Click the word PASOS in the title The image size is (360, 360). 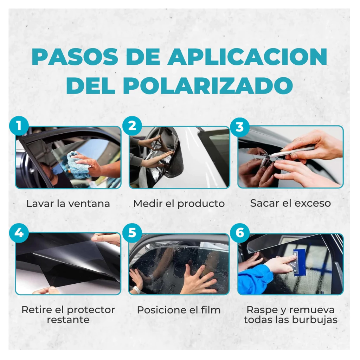pyautogui.click(x=73, y=57)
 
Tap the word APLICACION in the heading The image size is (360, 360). pyautogui.click(x=247, y=57)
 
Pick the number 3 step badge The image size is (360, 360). pyautogui.click(x=240, y=127)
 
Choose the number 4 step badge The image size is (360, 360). pyautogui.click(x=19, y=233)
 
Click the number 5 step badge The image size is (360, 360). pyautogui.click(x=132, y=233)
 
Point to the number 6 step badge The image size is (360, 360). pyautogui.click(x=240, y=233)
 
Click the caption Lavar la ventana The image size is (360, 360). pyautogui.click(x=68, y=204)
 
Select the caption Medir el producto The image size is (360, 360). pyautogui.click(x=179, y=204)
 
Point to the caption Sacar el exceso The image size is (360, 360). pyautogui.click(x=290, y=203)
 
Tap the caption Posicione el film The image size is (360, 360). pyautogui.click(x=179, y=310)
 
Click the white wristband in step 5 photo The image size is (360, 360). pyautogui.click(x=137, y=290)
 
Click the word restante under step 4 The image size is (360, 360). pyautogui.click(x=68, y=320)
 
